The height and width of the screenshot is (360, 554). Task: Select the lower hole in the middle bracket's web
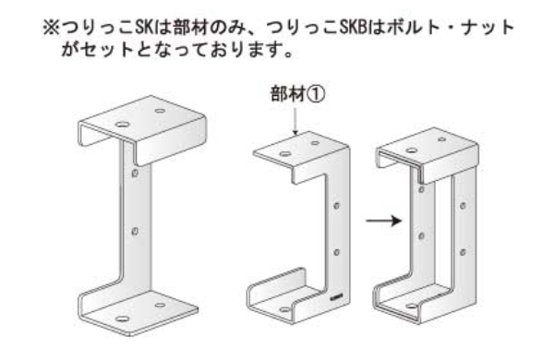(338, 249)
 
